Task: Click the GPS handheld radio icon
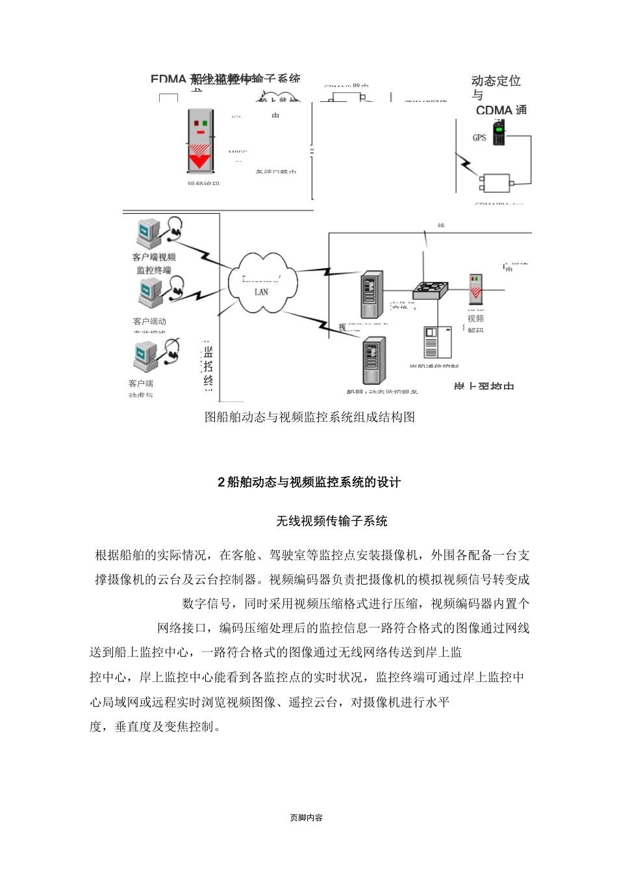(499, 133)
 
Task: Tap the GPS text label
(479, 138)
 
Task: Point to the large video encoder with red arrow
(200, 141)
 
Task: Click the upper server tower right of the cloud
(371, 295)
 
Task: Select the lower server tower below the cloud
(374, 361)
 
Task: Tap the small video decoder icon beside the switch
(476, 290)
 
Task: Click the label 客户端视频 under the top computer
(154, 257)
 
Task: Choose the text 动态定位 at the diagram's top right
(496, 81)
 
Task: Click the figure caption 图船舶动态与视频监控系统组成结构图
(310, 417)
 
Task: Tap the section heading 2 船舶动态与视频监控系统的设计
(309, 482)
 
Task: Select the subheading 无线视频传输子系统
(332, 521)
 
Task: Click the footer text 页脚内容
(307, 818)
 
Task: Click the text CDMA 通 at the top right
(501, 110)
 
